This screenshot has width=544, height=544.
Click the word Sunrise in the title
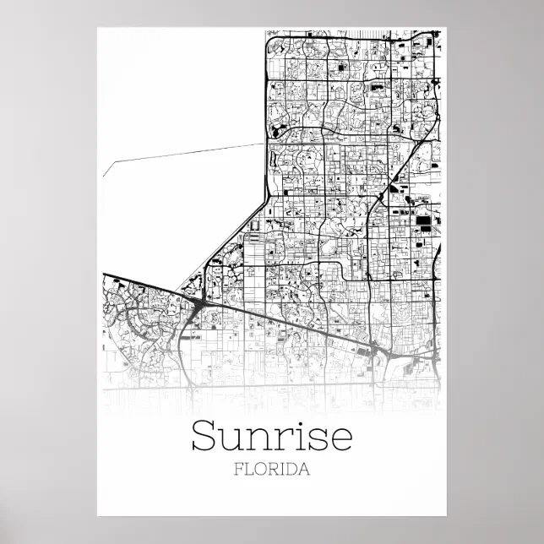point(271,436)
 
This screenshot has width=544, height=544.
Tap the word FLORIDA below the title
point(272,470)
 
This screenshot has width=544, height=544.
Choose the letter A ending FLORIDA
point(305,470)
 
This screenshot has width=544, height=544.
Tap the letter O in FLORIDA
point(260,470)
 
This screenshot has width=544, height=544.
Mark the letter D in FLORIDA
point(292,470)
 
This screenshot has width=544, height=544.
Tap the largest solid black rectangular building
point(422,221)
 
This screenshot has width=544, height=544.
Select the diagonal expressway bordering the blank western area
point(228,237)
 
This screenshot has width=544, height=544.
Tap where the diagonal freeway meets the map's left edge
point(105,275)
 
